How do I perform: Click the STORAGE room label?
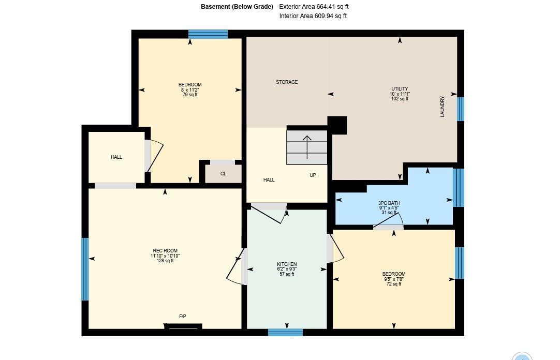(x=287, y=82)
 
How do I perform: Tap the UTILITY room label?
(x=400, y=89)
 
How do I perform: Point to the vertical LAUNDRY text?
(x=443, y=107)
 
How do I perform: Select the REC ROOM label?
(x=165, y=251)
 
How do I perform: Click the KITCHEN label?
(x=287, y=264)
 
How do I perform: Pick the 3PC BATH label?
(x=389, y=203)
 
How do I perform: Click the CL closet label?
(x=223, y=174)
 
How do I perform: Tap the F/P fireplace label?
(x=183, y=317)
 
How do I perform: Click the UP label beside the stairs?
(x=313, y=175)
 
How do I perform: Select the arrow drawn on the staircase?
(x=307, y=147)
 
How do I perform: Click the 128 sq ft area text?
(x=165, y=261)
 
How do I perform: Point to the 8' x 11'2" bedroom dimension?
(x=190, y=90)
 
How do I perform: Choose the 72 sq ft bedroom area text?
(x=394, y=284)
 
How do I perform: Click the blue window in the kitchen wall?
(x=285, y=333)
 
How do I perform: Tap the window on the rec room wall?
(x=85, y=269)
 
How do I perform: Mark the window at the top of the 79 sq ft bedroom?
(x=208, y=34)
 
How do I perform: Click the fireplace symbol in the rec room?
(x=183, y=326)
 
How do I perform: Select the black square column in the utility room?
(x=337, y=125)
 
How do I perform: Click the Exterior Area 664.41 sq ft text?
(x=314, y=6)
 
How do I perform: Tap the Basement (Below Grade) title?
(x=237, y=6)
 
